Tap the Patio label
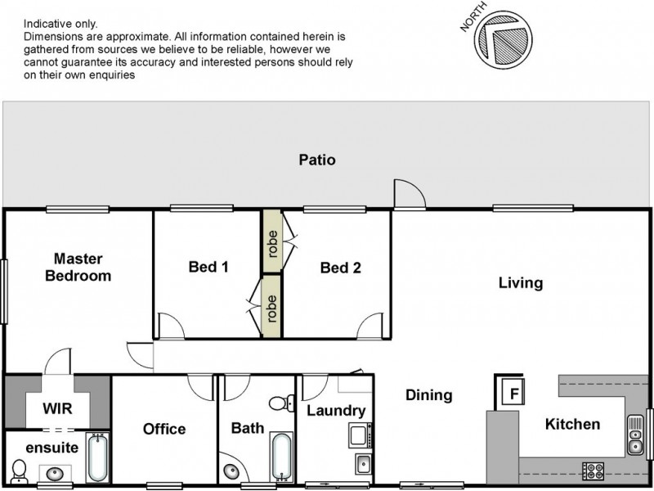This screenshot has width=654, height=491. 316,160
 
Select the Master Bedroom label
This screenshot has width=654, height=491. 78,267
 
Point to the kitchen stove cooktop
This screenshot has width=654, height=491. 592,471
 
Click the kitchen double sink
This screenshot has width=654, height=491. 636,435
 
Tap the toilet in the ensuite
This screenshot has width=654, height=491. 20,471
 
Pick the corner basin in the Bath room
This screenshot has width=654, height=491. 231,471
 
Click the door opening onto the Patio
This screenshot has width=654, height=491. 406,195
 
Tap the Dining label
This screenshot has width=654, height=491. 428,396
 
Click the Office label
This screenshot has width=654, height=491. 164,429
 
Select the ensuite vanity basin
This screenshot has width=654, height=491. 56,473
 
